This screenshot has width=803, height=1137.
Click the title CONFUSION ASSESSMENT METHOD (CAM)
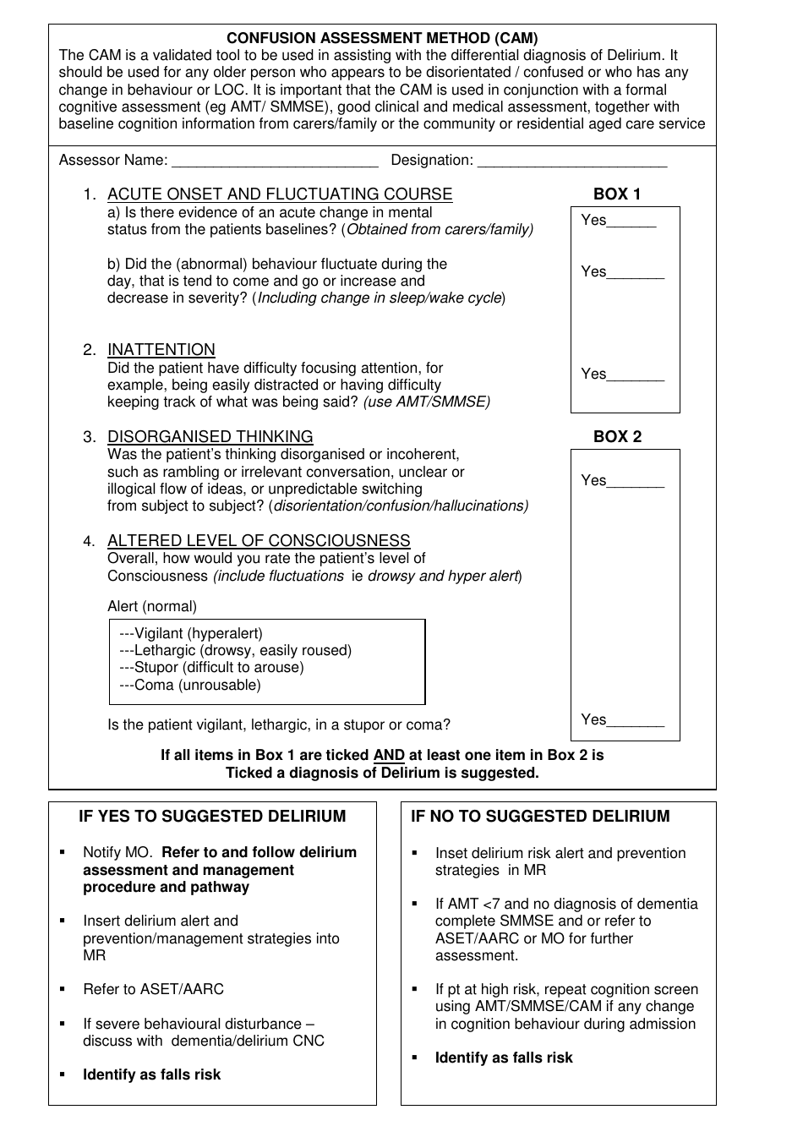pyautogui.click(x=382, y=38)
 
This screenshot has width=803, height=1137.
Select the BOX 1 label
pyautogui.click(x=617, y=194)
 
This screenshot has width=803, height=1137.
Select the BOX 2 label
pyautogui.click(x=617, y=436)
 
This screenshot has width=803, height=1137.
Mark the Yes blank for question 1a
pyautogui.click(x=631, y=222)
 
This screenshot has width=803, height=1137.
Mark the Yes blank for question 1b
pyautogui.click(x=636, y=274)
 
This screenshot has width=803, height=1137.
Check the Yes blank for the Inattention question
pyautogui.click(x=636, y=376)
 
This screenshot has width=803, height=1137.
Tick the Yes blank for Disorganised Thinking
pyautogui.click(x=636, y=483)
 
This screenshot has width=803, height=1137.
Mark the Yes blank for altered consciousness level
pyautogui.click(x=636, y=722)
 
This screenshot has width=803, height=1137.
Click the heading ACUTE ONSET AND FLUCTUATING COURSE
pyautogui.click(x=280, y=194)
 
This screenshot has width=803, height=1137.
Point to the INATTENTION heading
pyautogui.click(x=161, y=350)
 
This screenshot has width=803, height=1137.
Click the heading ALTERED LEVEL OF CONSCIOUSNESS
pyautogui.click(x=259, y=541)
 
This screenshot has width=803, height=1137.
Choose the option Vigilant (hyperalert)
pyautogui.click(x=192, y=633)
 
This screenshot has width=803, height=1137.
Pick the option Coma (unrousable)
pyautogui.click(x=190, y=685)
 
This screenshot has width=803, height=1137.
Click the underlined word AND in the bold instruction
pyautogui.click(x=389, y=755)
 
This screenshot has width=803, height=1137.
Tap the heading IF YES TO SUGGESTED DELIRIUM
pyautogui.click(x=212, y=817)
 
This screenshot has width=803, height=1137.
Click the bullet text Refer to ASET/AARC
pyautogui.click(x=153, y=989)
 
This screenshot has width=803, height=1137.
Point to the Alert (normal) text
pyautogui.click(x=152, y=606)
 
